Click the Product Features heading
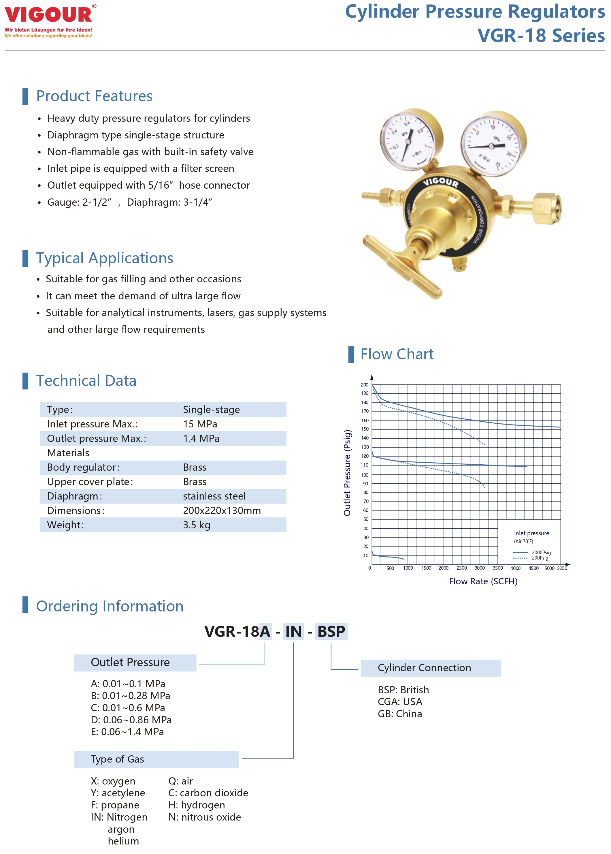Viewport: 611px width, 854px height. pyautogui.click(x=94, y=96)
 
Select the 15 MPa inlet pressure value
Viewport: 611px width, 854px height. pyautogui.click(x=200, y=424)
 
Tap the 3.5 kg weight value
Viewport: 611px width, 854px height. pyautogui.click(x=196, y=525)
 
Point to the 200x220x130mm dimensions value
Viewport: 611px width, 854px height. pyautogui.click(x=222, y=510)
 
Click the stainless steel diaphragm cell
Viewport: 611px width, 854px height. pyautogui.click(x=214, y=496)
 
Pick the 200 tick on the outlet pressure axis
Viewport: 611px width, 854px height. pyautogui.click(x=364, y=385)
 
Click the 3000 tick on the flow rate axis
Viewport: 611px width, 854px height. pyautogui.click(x=479, y=568)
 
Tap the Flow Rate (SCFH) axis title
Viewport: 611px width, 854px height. pyautogui.click(x=483, y=581)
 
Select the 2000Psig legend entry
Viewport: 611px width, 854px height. pyautogui.click(x=541, y=552)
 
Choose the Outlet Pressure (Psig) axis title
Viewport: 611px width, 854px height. pyautogui.click(x=347, y=472)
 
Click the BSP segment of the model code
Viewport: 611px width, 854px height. pyautogui.click(x=331, y=631)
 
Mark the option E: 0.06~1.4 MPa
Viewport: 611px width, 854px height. pyautogui.click(x=127, y=732)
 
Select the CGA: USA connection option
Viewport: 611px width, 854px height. pyautogui.click(x=400, y=702)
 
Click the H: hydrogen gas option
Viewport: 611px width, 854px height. pyautogui.click(x=196, y=805)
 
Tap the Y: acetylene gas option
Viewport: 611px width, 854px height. pyautogui.click(x=118, y=793)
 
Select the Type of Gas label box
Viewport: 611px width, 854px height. pyautogui.click(x=156, y=759)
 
